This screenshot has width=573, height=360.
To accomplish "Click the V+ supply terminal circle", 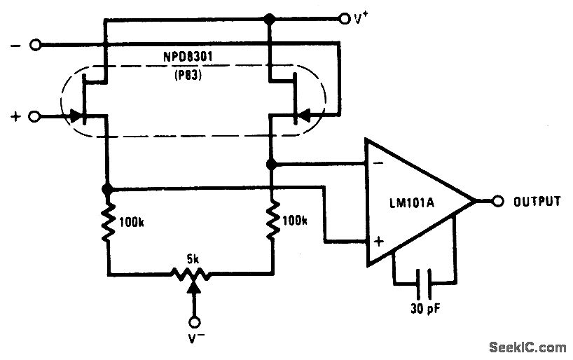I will pos(344,18).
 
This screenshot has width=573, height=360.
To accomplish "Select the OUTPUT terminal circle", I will pos(498,202).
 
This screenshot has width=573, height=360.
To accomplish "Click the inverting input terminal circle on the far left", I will pos(36,46).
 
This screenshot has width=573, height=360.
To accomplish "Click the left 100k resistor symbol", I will pos(107,221).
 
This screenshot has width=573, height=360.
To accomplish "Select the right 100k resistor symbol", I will pos(272,221).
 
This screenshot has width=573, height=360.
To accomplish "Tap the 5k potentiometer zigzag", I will pos(191,272).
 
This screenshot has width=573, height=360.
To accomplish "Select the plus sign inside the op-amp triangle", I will pos(379,242).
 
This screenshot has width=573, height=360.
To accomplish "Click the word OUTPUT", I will pos(537,202).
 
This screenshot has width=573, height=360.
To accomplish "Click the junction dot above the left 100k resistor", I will pos(107,189).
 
